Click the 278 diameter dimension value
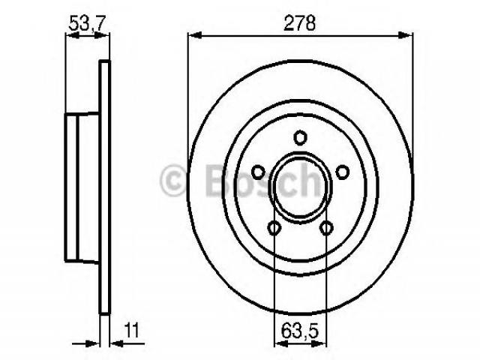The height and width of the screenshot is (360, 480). [299, 23]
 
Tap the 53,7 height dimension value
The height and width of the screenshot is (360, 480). [88, 23]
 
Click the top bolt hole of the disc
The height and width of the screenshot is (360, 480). [300, 137]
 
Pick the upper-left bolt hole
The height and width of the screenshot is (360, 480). [258, 172]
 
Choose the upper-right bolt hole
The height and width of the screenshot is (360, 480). [343, 172]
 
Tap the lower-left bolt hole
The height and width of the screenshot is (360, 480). [274, 228]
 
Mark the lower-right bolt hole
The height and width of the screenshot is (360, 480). [327, 228]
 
